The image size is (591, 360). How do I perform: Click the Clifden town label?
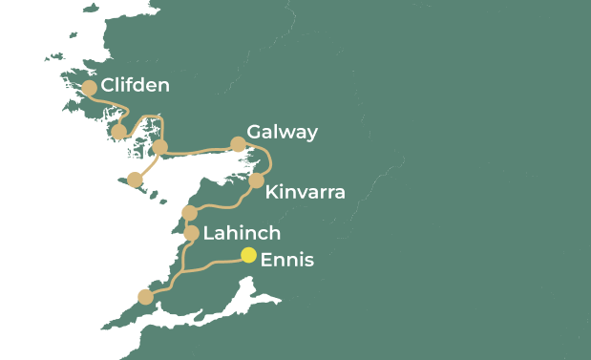(135, 86)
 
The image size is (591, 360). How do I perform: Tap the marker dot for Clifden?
(89, 88)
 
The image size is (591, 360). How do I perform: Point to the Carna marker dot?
(119, 132)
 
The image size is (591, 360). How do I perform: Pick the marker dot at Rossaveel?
(160, 147)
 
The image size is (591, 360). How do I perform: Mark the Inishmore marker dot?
(135, 180)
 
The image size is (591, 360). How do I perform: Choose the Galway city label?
(282, 132)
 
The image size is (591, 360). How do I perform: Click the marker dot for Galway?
(238, 145)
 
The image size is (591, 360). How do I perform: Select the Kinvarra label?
(305, 193)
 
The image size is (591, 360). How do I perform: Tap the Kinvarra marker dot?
(256, 180)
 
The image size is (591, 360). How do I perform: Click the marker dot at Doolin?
(189, 212)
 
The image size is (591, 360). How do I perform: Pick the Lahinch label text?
(242, 233)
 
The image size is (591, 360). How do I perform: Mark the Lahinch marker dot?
(191, 233)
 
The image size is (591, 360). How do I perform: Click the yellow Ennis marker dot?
(248, 255)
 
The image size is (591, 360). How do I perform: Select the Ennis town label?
(286, 259)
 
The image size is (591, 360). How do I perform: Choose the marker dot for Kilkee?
(145, 297)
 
